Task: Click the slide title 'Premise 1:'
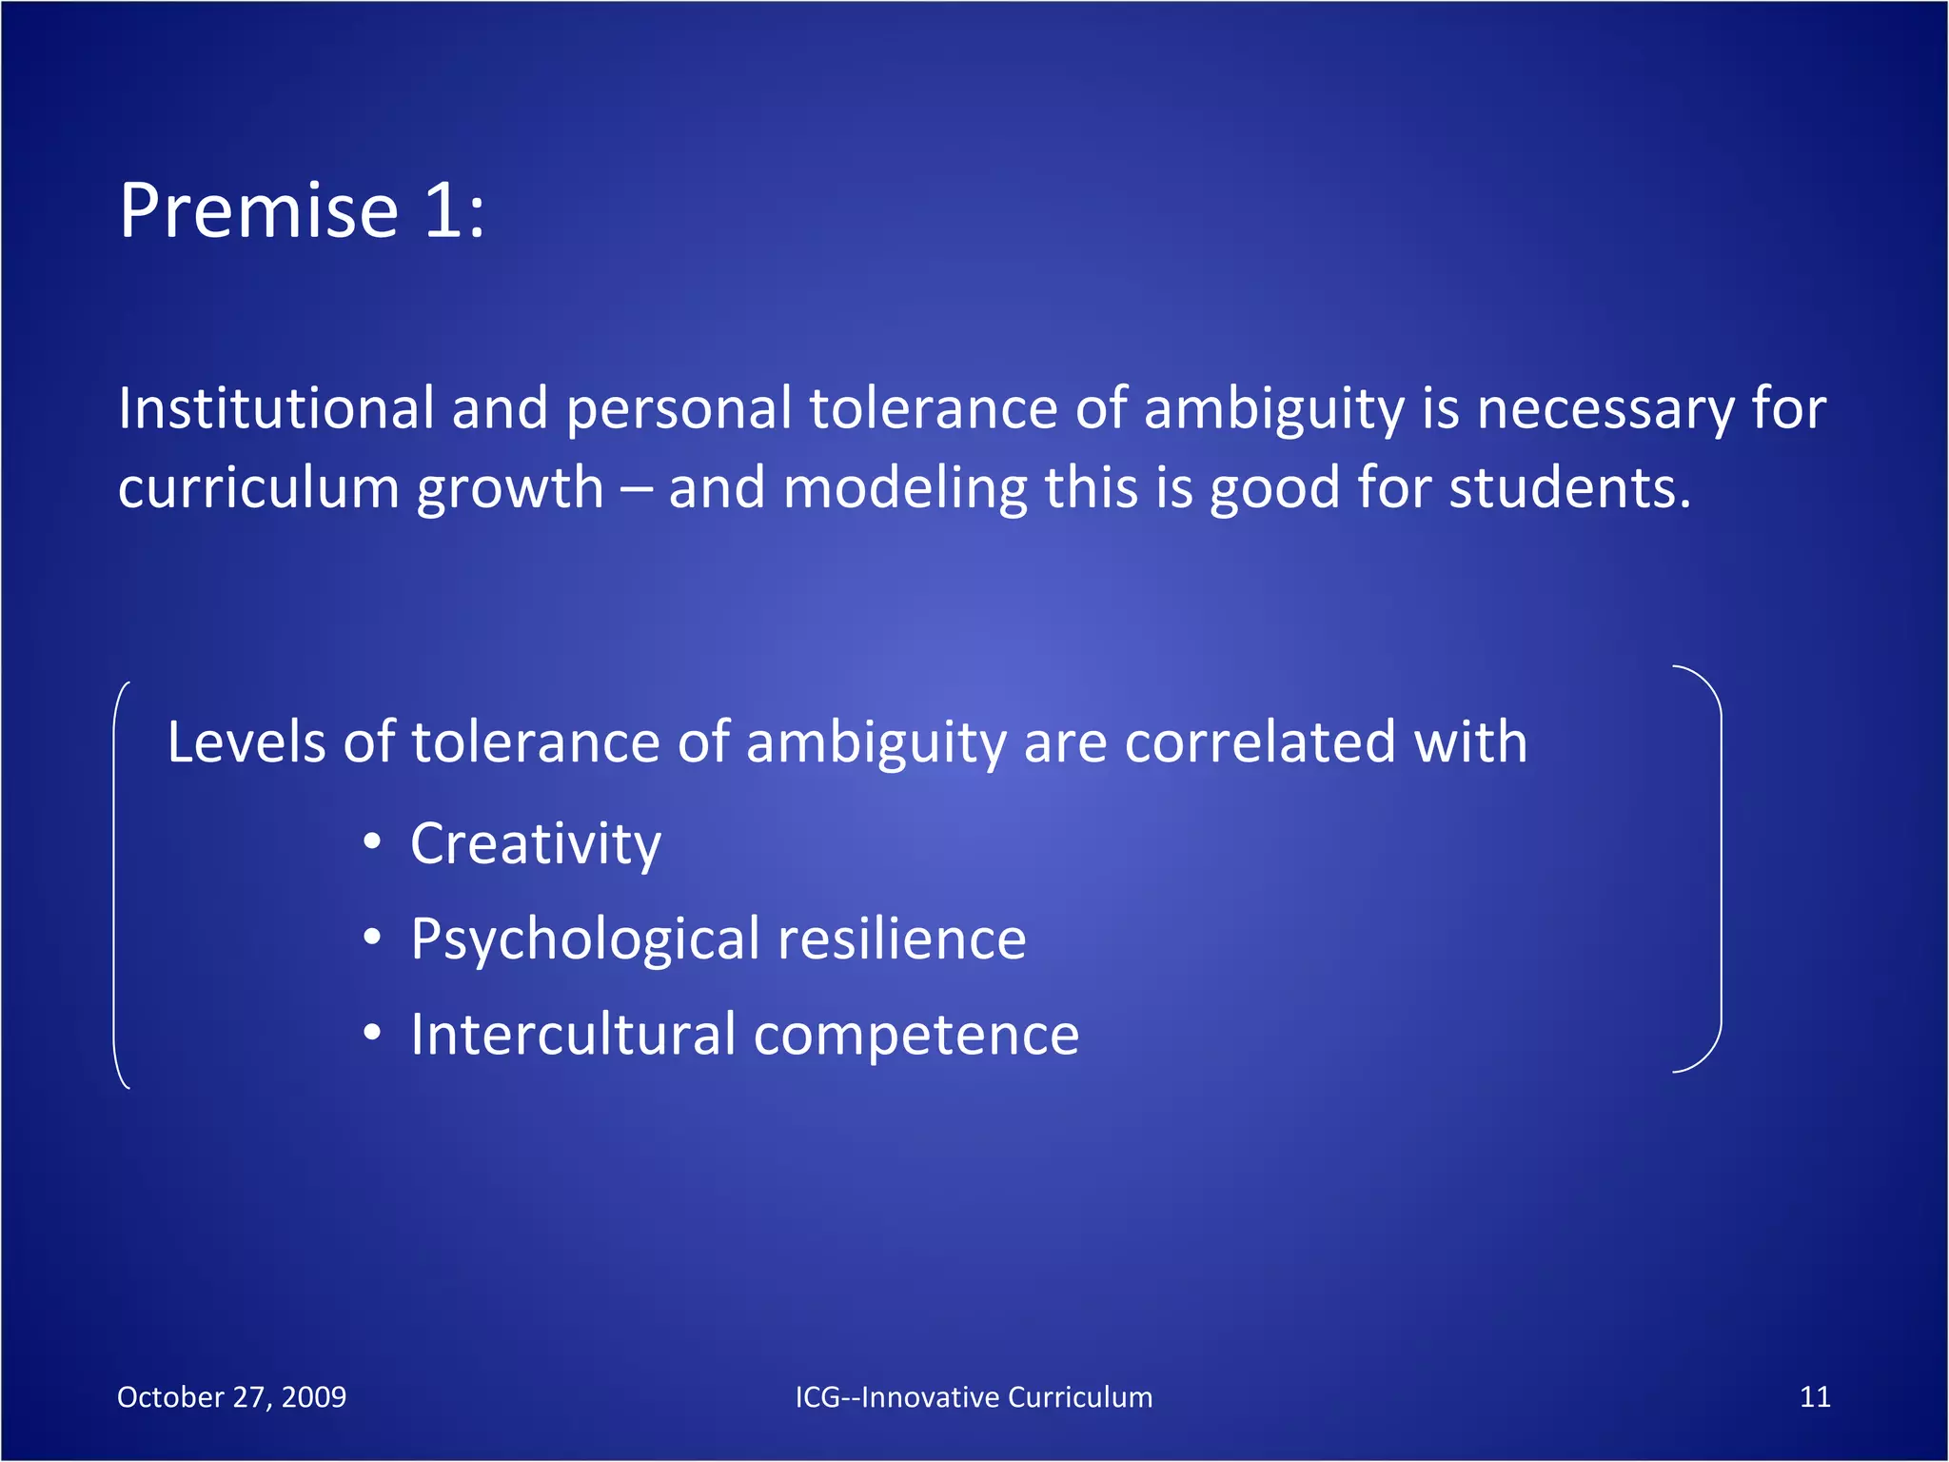pos(302,210)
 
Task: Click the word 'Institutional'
pos(276,409)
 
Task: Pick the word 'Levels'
pos(246,742)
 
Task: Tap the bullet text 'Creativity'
pos(536,844)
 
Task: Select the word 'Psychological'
pos(585,941)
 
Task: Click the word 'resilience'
pos(902,939)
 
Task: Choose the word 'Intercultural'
pos(573,1035)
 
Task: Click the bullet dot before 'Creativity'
pos(372,842)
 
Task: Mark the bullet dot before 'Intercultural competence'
pos(372,1033)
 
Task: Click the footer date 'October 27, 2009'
pos(231,1397)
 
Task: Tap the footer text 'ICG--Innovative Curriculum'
pos(974,1397)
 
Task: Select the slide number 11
pos(1815,1397)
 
